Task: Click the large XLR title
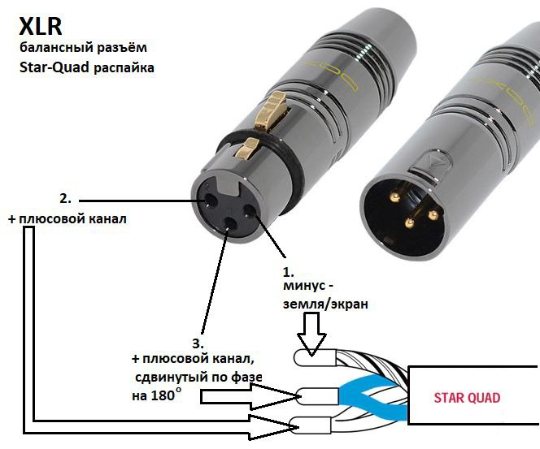[41, 26]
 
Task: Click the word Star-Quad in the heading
[54, 67]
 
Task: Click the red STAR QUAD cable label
[467, 398]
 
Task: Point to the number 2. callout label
[65, 199]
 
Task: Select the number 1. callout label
[288, 272]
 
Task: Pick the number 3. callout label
[198, 343]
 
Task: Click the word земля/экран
[325, 304]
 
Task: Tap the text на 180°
[156, 395]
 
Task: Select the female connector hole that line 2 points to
[210, 201]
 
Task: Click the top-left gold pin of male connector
[394, 197]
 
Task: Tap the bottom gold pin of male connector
[409, 224]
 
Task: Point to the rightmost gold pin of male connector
[433, 215]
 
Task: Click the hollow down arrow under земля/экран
[311, 335]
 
